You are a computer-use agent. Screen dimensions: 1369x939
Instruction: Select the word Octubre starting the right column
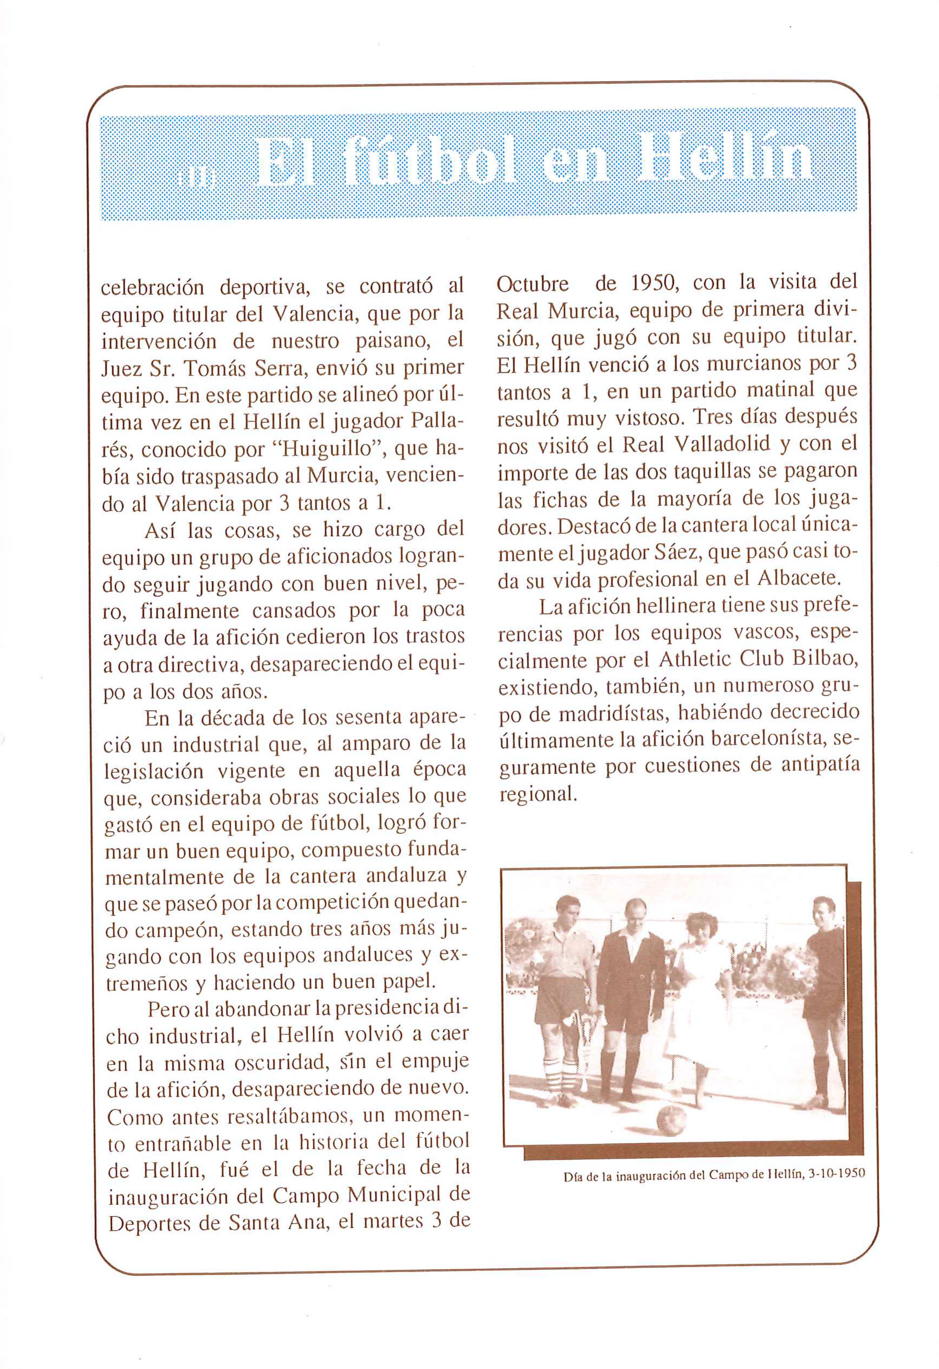[533, 284]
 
